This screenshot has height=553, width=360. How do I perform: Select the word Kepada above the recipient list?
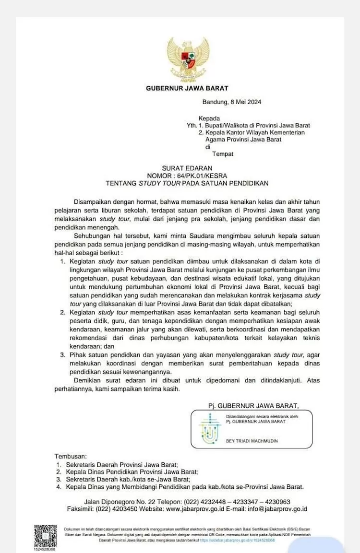point(209,118)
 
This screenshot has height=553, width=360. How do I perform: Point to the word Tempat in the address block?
point(223,154)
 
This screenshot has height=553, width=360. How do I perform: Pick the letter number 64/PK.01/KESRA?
point(204,176)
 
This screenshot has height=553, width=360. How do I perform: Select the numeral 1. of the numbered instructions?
point(63,261)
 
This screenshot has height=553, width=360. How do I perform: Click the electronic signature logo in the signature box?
point(209,428)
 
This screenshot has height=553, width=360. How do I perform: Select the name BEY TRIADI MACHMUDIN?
point(252,441)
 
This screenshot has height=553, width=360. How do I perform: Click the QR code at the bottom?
point(46,536)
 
